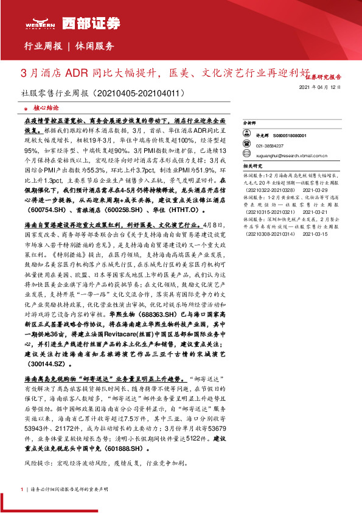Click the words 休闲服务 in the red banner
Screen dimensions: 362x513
[94, 46]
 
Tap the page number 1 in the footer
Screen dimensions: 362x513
[22, 489]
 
